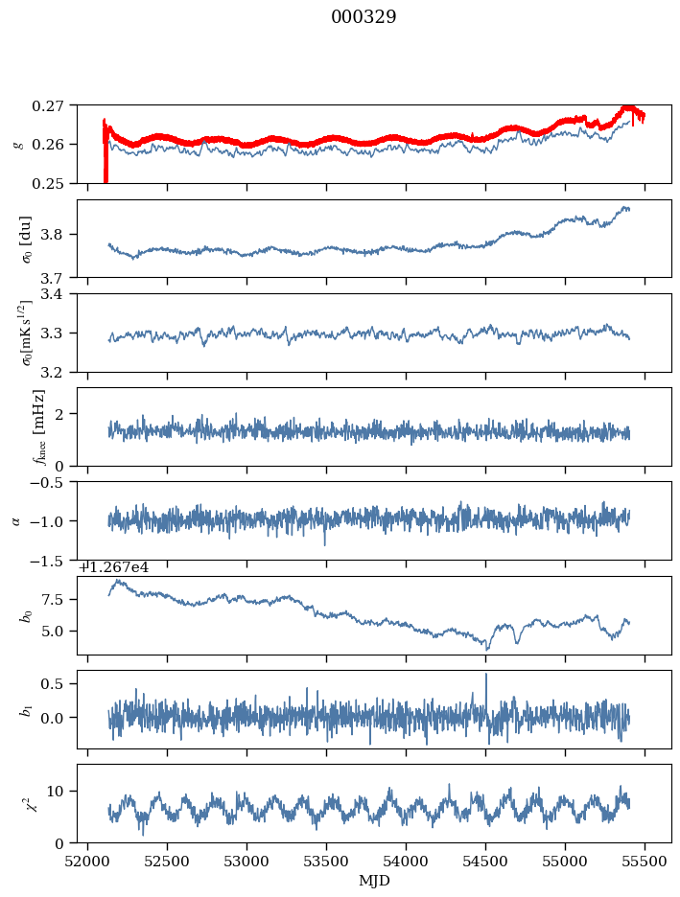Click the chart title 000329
tap(363, 17)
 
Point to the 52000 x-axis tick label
tap(88, 862)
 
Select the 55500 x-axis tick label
tap(645, 862)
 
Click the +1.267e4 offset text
tap(113, 567)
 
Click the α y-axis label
tap(16, 520)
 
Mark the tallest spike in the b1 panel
tap(486, 675)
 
